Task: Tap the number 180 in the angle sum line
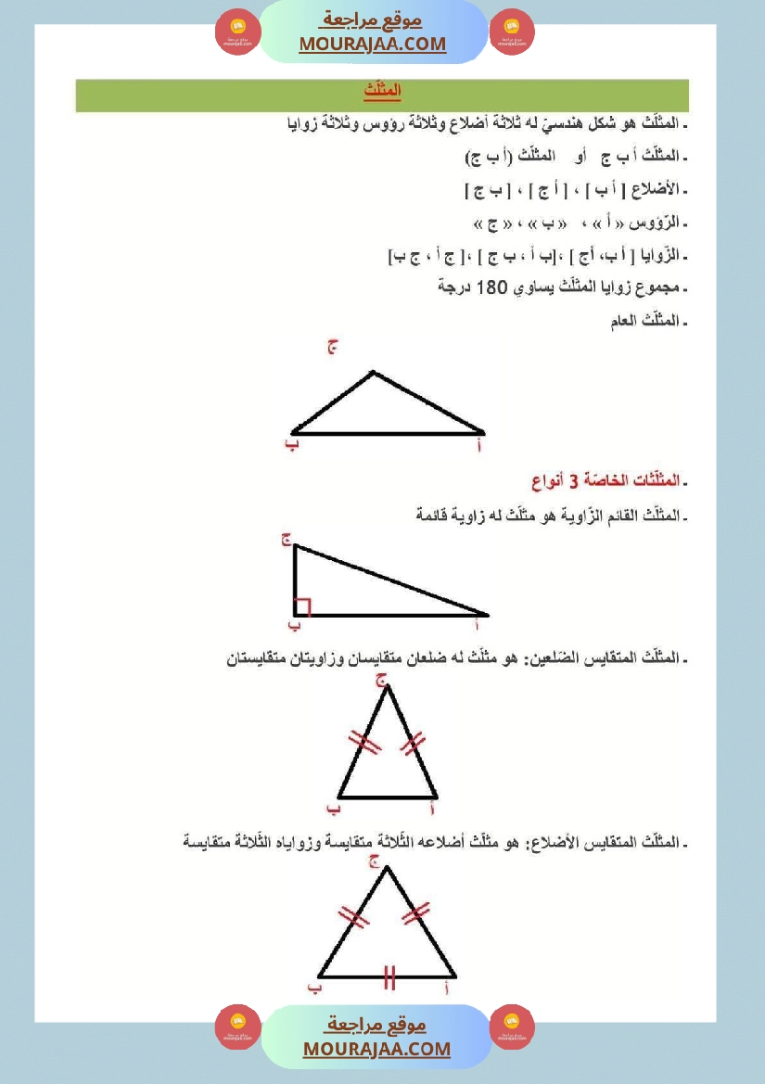pos(488,287)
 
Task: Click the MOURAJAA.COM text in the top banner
pos(373,45)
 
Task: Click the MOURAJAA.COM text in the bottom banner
pos(376,1049)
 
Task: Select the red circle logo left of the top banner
pos(238,33)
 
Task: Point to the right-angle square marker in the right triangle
pos(301,607)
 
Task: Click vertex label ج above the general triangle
pos(332,348)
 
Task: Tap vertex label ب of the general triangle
pos(291,445)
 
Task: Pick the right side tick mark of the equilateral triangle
pos(416,913)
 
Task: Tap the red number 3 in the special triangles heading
pos(573,480)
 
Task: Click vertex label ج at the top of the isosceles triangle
pos(380,680)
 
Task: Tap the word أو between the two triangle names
pos(584,156)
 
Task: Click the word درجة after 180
pos(454,287)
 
